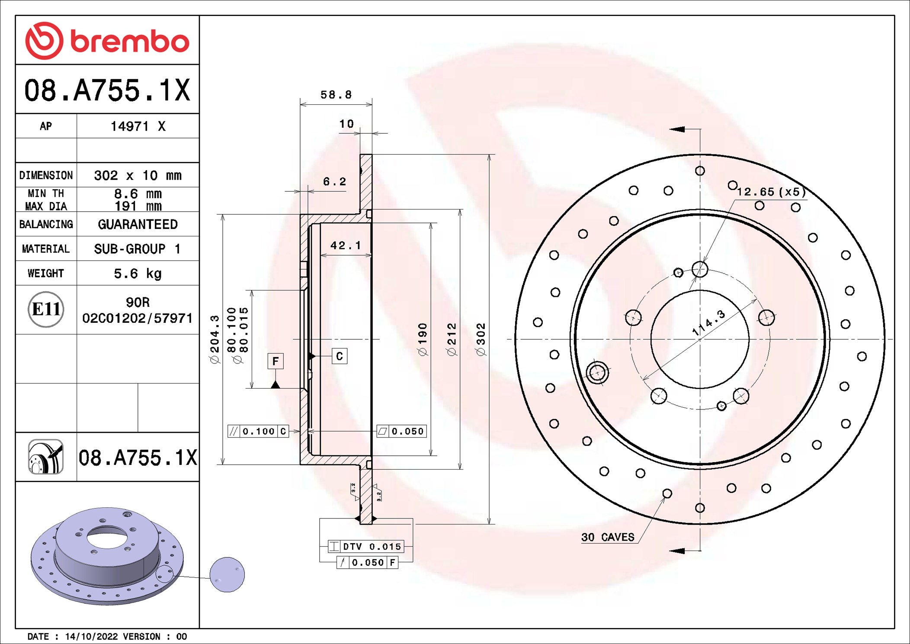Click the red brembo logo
tap(107, 41)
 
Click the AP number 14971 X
tap(138, 126)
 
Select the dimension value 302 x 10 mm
tap(138, 175)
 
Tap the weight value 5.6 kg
tap(138, 274)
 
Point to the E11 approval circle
tap(46, 309)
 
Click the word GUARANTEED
tap(138, 224)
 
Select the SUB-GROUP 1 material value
tap(138, 249)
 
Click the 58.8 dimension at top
tap(336, 95)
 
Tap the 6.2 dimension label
tap(334, 182)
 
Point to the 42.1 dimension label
tap(345, 246)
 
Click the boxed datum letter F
tap(276, 361)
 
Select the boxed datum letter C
tap(340, 356)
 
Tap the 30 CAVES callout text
tap(608, 537)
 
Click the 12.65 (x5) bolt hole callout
tap(771, 192)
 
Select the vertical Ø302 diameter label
tap(481, 339)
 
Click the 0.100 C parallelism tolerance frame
tap(258, 431)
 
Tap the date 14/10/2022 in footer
tap(91, 636)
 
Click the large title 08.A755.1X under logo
tap(107, 90)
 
